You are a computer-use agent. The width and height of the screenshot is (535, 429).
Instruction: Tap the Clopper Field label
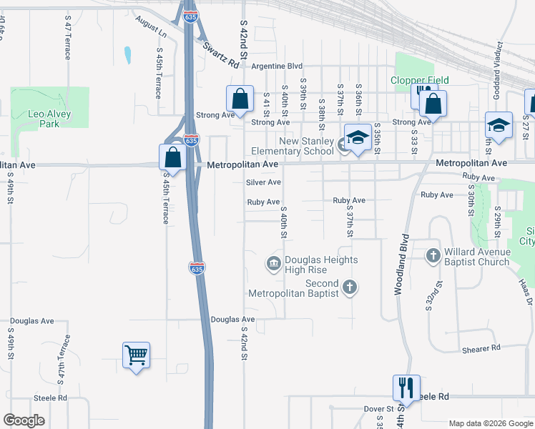tap(418, 80)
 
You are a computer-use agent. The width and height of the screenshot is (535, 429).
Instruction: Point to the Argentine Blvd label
tap(278, 66)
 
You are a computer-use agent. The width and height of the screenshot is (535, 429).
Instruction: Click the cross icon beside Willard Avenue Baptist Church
tap(433, 255)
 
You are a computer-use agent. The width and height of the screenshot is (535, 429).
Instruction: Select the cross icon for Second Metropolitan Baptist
tap(349, 287)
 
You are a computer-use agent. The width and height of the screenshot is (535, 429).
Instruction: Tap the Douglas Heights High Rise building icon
tap(273, 265)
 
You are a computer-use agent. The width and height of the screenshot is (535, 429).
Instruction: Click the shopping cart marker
tap(136, 355)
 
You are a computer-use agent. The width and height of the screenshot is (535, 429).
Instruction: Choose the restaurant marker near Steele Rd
tap(406, 388)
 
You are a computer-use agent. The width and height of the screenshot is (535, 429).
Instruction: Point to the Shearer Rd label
tap(481, 348)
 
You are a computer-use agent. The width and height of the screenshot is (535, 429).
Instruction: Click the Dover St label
tap(379, 409)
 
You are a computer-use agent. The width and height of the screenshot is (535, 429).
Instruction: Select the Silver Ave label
tap(263, 182)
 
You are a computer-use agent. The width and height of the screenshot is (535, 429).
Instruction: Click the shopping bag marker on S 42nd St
tap(240, 99)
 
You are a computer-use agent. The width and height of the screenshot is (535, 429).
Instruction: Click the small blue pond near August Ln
tap(127, 55)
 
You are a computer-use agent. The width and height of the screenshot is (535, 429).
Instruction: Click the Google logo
tap(24, 420)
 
